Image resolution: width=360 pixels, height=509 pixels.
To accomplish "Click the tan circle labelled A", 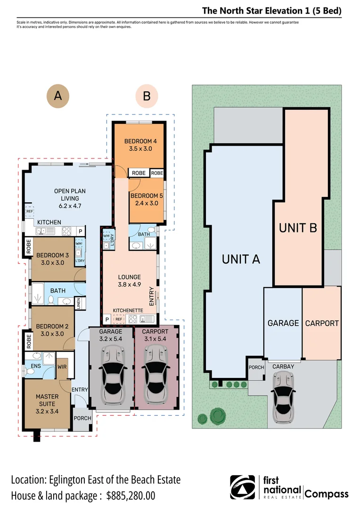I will [57, 96].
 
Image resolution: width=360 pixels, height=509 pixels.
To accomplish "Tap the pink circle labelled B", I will [147, 96].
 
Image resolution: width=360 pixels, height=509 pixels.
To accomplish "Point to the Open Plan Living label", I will [69, 198].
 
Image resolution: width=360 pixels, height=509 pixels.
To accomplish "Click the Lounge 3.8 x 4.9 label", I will [129, 281].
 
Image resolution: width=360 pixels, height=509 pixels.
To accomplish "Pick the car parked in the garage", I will [112, 372].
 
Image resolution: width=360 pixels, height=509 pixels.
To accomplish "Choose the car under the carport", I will [156, 372].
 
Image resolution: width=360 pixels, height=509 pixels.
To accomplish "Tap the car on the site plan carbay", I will [281, 396].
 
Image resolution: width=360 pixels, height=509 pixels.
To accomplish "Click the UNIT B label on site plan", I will [298, 228].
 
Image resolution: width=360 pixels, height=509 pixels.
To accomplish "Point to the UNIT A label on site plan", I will [241, 258].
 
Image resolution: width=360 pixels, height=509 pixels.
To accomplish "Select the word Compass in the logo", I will [327, 494].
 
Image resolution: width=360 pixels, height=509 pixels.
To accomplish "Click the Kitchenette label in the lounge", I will [128, 311].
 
